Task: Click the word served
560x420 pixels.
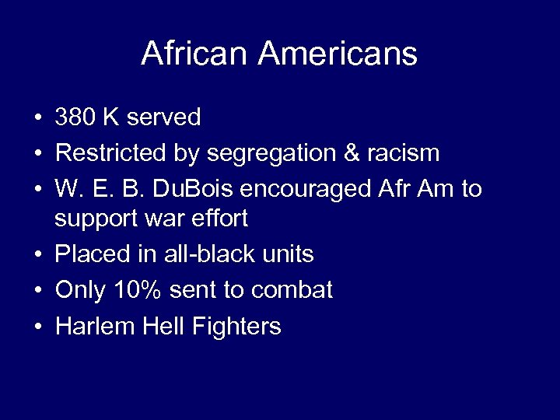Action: [163, 117]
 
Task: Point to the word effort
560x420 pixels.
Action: [222, 219]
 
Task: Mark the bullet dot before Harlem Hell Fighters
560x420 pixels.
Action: [37, 327]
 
